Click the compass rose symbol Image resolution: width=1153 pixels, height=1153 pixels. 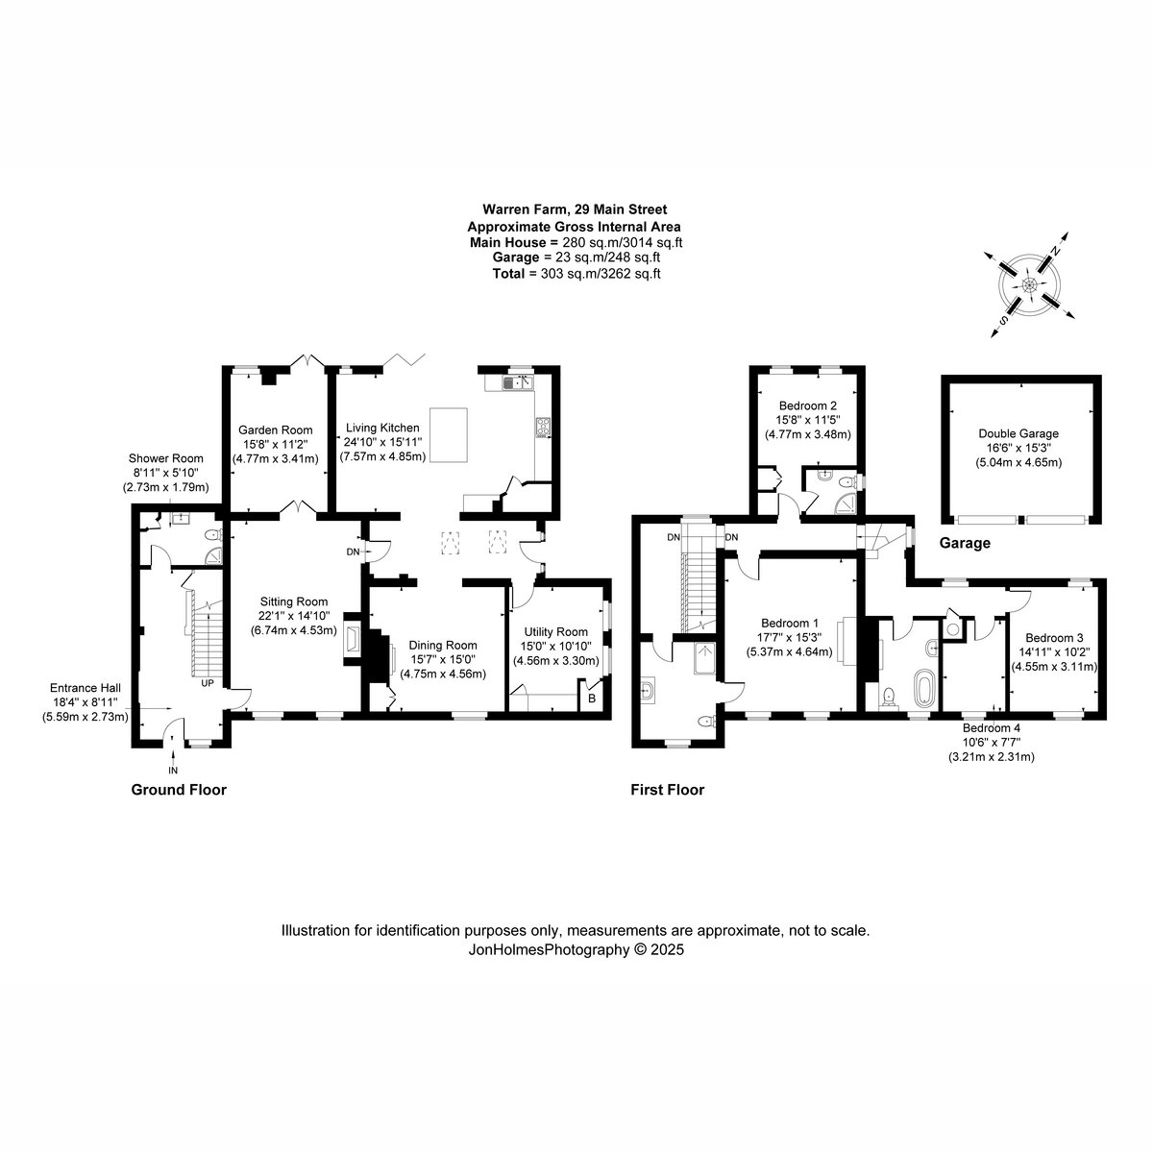[1028, 284]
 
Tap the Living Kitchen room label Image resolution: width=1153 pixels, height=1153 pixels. [382, 428]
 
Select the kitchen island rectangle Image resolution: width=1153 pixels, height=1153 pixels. [448, 435]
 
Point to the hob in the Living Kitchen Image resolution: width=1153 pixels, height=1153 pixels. [543, 428]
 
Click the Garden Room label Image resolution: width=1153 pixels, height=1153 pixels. [275, 429]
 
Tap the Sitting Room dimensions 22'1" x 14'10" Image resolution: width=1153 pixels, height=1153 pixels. [294, 616]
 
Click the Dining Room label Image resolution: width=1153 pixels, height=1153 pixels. [443, 645]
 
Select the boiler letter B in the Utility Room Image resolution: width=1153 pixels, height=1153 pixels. [592, 699]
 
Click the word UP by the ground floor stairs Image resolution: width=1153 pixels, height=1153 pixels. [207, 683]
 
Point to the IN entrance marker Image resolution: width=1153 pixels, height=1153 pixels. [173, 770]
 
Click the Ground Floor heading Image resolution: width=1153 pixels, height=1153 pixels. [179, 789]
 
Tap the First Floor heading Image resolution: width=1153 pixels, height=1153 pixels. [667, 790]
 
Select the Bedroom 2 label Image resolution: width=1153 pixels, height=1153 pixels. [808, 405]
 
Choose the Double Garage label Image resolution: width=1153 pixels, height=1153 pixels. [1018, 433]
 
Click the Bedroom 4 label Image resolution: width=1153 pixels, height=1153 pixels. [992, 728]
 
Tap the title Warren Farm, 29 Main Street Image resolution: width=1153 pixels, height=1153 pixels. [575, 209]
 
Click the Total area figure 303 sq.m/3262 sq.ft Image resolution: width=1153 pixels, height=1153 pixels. [601, 274]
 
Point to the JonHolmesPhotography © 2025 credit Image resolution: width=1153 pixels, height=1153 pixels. [576, 949]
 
